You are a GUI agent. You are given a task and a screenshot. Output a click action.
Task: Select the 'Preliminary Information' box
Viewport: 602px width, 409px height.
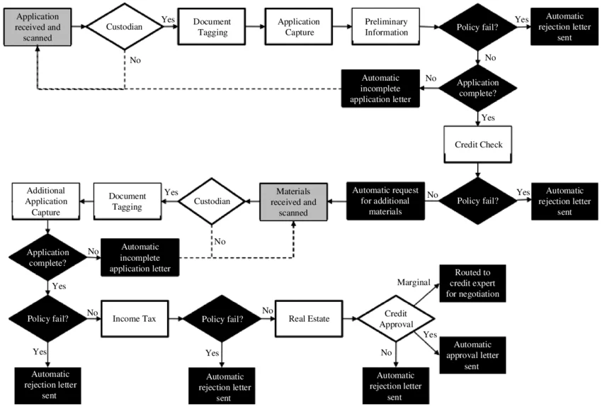(386, 27)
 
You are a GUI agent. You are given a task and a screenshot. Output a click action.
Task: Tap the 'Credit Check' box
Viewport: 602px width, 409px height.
(479, 145)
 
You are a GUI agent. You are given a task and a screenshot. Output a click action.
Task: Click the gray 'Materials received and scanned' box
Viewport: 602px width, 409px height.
(293, 201)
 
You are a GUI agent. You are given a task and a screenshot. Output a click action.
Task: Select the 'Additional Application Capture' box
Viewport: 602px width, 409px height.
(46, 201)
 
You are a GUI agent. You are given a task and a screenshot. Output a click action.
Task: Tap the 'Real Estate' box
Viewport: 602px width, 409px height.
(309, 318)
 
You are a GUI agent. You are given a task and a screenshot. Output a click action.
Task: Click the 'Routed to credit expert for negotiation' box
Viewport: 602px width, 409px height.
(473, 283)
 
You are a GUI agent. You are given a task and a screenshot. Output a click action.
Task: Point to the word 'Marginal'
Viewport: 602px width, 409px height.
(414, 282)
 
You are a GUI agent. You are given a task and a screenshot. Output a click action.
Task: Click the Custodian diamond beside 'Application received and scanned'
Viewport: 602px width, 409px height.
(125, 27)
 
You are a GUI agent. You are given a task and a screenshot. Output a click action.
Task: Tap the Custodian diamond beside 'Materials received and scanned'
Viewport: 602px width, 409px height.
(212, 201)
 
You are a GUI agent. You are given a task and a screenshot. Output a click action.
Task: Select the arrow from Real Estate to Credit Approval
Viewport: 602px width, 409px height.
(350, 318)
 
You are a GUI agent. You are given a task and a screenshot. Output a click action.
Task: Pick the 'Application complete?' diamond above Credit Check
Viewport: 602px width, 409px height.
(479, 87)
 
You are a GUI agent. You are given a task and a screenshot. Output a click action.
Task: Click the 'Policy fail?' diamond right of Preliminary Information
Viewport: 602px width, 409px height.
(479, 27)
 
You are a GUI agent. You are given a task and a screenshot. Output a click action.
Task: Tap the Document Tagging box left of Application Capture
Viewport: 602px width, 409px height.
(211, 27)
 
